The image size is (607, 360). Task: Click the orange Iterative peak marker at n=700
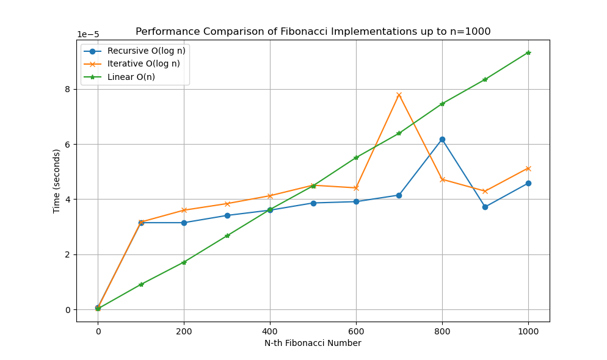(x=399, y=95)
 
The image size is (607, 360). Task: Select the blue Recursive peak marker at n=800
(x=442, y=139)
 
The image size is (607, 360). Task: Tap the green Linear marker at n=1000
(x=528, y=52)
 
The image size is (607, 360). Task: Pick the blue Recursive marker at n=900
(x=485, y=207)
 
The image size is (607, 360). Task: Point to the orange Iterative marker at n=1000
(x=528, y=168)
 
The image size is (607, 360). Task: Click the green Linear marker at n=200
(x=184, y=262)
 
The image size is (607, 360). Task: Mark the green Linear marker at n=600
(x=356, y=157)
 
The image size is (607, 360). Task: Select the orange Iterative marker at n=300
(x=227, y=204)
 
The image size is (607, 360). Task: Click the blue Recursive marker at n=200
(x=184, y=223)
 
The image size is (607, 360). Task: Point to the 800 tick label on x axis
(x=442, y=331)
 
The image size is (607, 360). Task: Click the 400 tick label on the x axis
(x=270, y=331)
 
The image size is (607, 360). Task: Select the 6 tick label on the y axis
(x=68, y=145)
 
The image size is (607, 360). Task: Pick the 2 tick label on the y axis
(x=68, y=255)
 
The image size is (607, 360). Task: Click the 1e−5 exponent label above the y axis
(x=88, y=35)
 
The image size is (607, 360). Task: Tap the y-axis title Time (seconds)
(x=57, y=181)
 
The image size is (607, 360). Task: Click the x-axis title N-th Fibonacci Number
(x=313, y=343)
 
